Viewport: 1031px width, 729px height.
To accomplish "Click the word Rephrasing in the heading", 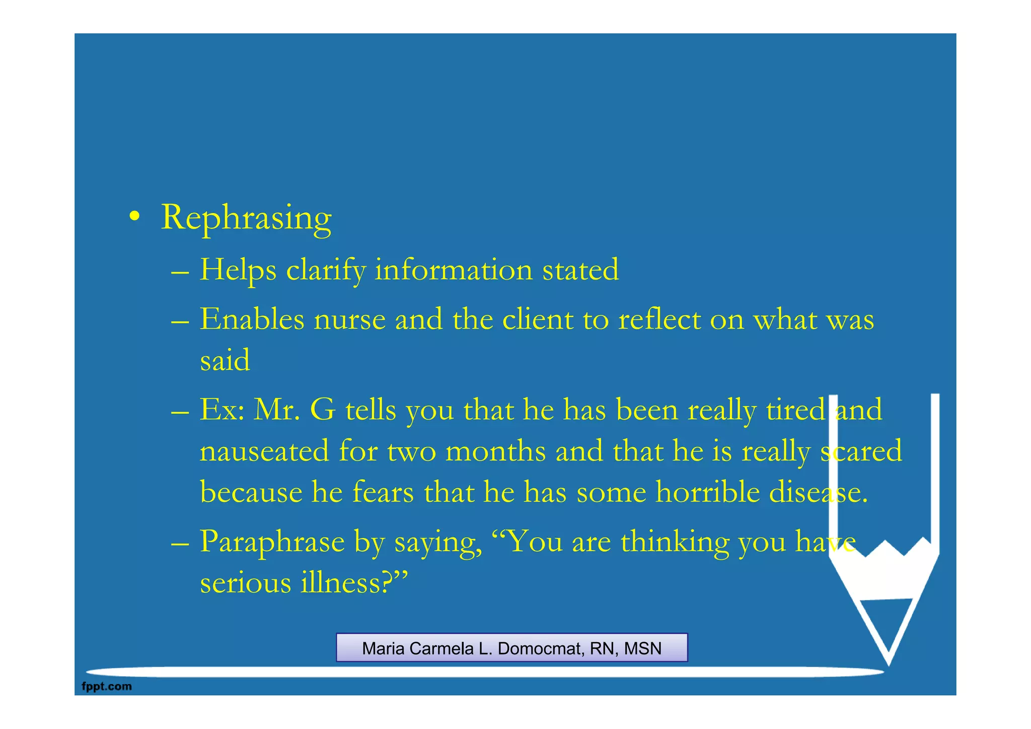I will (x=246, y=218).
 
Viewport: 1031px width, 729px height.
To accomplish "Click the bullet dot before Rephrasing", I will (x=134, y=217).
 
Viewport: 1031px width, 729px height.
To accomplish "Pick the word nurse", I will (x=350, y=320).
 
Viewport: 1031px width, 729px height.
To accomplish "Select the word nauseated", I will (x=264, y=451).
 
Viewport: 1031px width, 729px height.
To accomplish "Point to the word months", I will (x=495, y=451).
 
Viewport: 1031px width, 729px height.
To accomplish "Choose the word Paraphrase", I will (x=272, y=542).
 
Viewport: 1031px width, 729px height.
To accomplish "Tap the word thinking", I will (x=675, y=542).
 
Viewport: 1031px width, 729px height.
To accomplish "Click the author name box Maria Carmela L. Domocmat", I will (x=511, y=648).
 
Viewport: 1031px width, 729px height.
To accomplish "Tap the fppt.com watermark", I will (x=107, y=686).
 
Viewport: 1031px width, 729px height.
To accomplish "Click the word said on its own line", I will (x=225, y=360).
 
